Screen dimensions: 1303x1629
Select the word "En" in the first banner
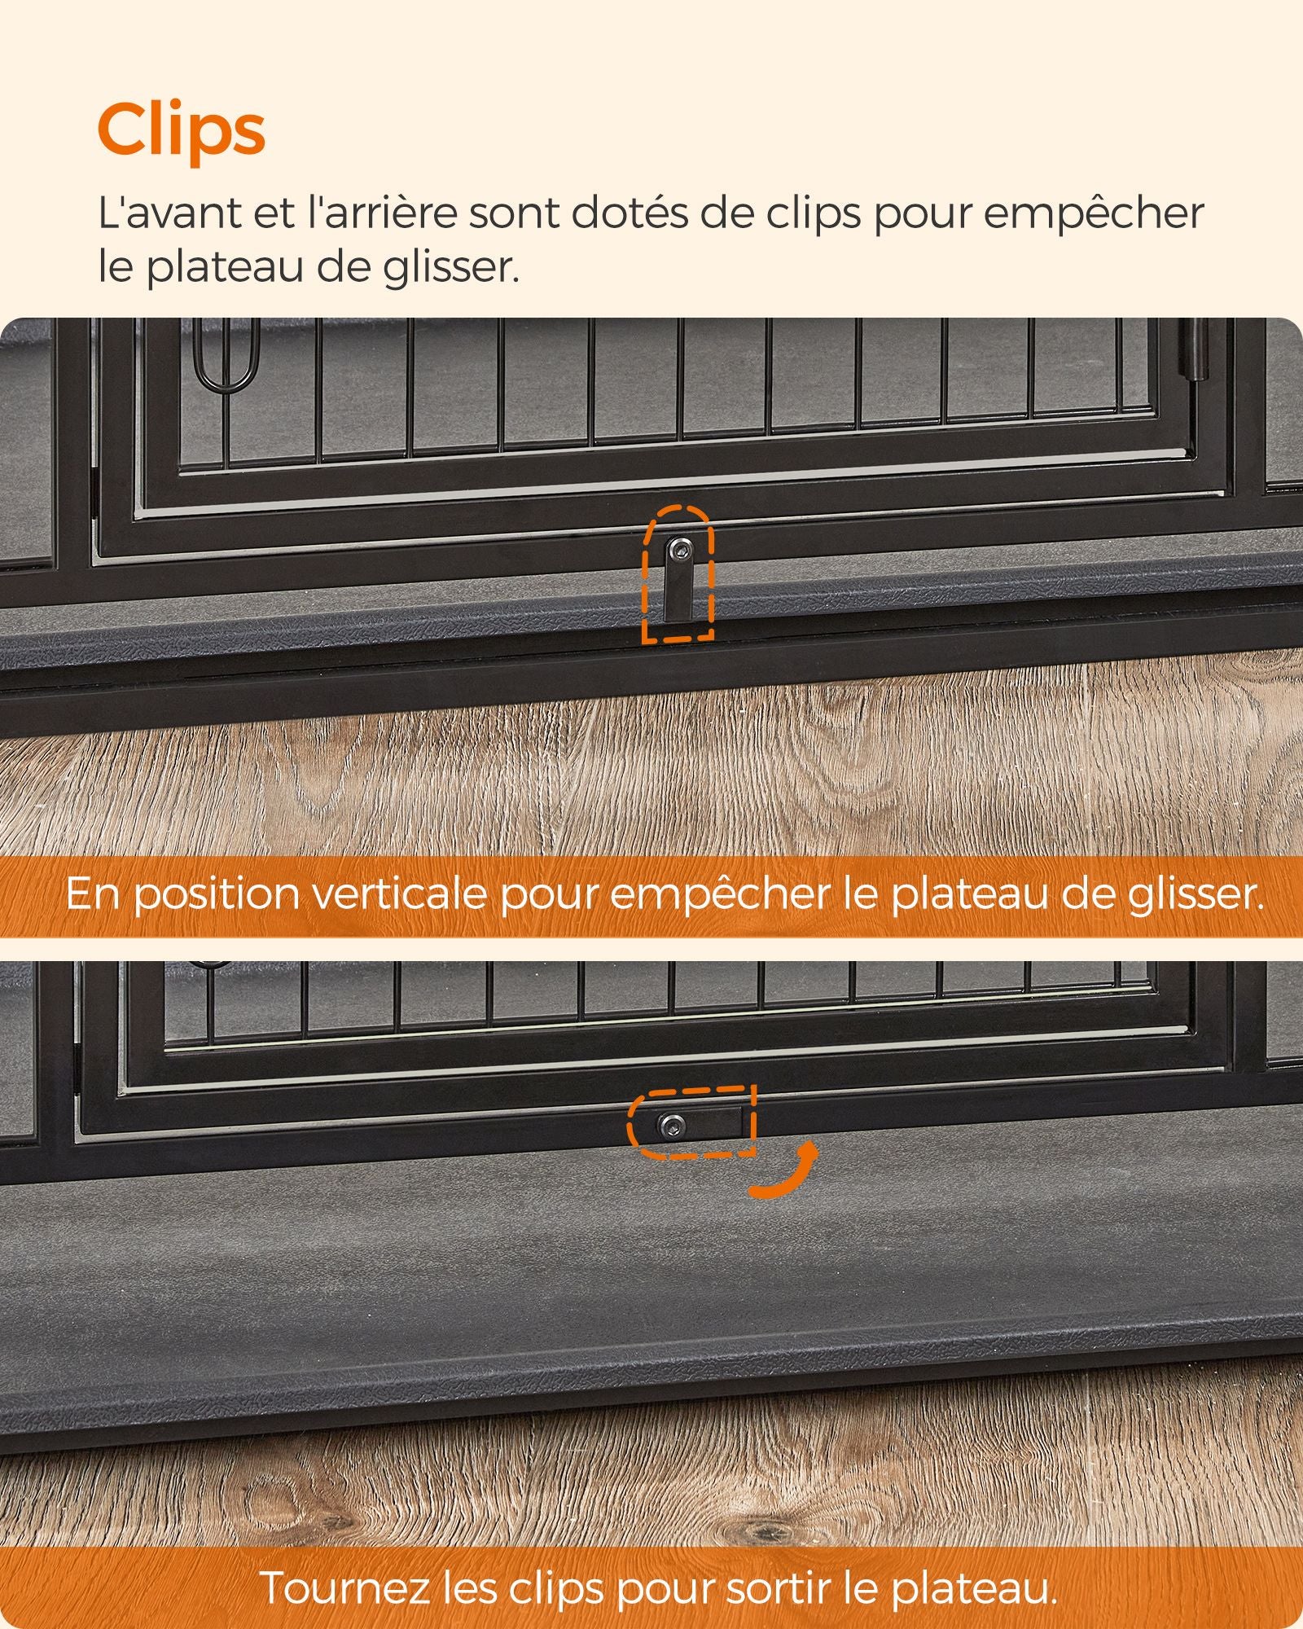tap(94, 895)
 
